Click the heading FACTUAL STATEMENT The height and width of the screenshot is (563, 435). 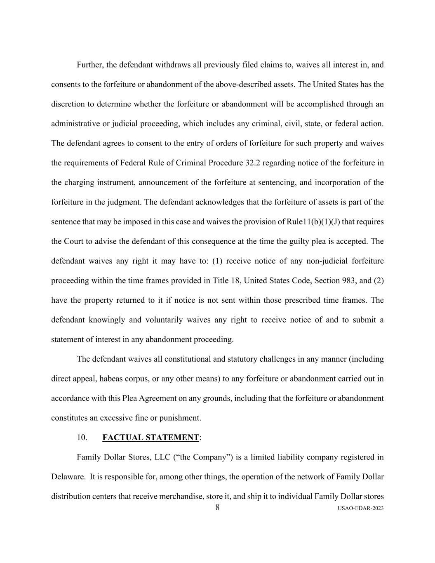(x=150, y=438)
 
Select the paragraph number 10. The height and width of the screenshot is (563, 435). (x=82, y=438)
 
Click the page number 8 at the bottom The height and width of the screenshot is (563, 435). (x=217, y=507)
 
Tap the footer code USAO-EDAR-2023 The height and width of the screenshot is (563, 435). (x=360, y=509)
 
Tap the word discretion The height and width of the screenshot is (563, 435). (x=68, y=104)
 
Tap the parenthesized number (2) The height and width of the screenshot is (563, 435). (x=379, y=281)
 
